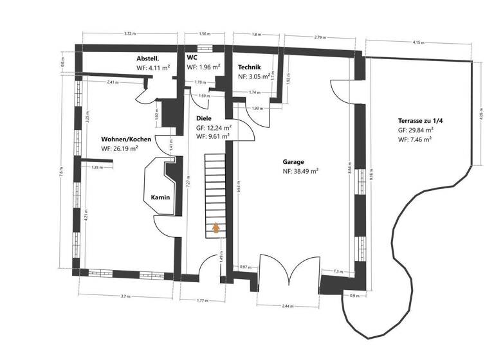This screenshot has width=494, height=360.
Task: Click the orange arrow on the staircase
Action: (216, 226)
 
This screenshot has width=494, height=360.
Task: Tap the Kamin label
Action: (160, 197)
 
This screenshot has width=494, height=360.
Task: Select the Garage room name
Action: (293, 163)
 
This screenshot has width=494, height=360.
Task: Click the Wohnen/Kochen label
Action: (126, 139)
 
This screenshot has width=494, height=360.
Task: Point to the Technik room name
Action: (250, 67)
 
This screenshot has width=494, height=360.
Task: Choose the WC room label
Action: (192, 58)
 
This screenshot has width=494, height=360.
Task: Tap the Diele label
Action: (204, 119)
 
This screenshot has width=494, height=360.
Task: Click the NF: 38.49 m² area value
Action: (300, 172)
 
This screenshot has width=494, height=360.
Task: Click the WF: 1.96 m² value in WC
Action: (204, 67)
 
